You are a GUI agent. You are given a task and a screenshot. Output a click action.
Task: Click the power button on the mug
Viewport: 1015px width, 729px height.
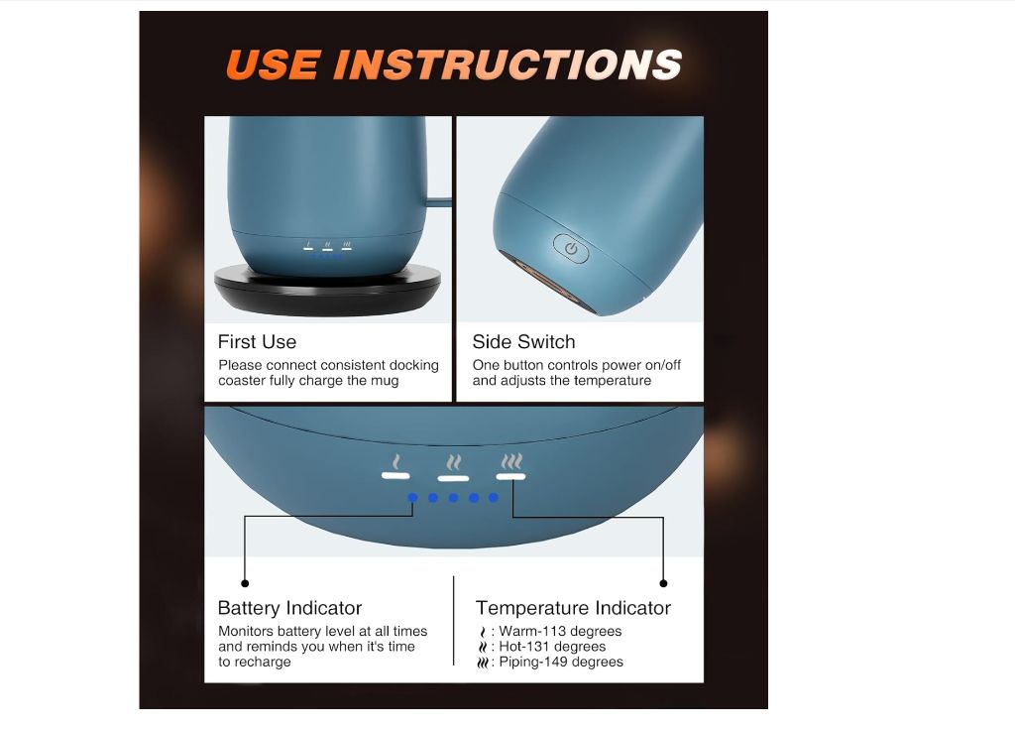pos(571,248)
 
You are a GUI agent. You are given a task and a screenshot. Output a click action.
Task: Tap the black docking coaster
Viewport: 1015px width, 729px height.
pos(327,291)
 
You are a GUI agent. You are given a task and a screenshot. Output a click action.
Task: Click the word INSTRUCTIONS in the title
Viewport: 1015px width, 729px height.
pos(507,64)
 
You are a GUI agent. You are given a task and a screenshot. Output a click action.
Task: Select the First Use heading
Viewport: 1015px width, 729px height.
pos(257,341)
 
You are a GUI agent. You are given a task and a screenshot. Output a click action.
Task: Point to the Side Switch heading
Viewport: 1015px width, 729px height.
pos(523,341)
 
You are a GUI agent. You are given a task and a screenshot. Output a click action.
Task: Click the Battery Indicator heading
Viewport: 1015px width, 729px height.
pos(289,608)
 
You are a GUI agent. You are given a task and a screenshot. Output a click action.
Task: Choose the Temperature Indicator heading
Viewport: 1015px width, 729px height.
pos(573,608)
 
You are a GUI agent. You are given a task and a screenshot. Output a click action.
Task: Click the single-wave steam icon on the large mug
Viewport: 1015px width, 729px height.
pos(396,462)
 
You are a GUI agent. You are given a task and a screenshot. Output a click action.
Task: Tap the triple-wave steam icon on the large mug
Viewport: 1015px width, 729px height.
pos(511,461)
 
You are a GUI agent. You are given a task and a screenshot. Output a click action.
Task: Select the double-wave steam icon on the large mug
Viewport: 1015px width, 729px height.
pos(454,462)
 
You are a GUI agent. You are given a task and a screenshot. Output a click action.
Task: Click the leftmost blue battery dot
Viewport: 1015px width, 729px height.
pos(413,498)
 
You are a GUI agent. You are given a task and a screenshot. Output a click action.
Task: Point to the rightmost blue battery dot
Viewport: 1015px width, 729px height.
pos(494,498)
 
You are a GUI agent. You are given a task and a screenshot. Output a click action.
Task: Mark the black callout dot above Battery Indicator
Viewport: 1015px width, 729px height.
pos(245,583)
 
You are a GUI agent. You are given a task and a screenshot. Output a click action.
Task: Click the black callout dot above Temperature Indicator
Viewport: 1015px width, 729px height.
pos(663,583)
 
